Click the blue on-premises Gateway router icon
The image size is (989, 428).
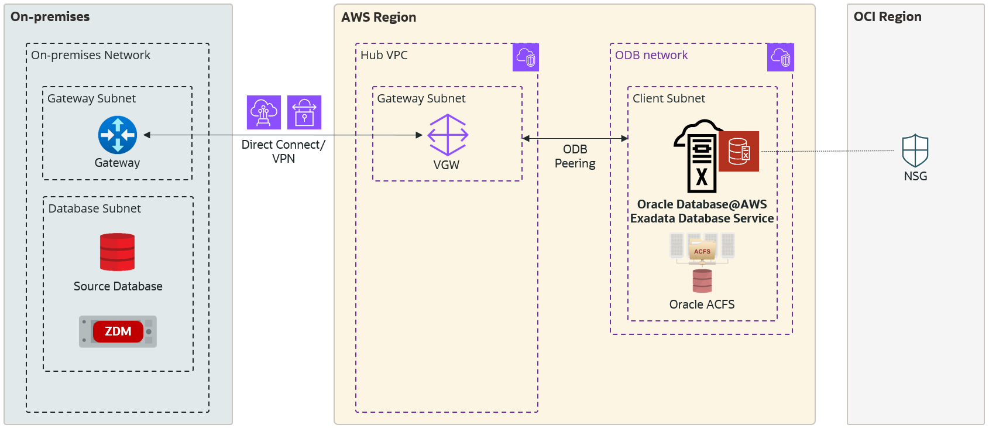pyautogui.click(x=118, y=135)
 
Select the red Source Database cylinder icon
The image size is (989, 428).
pyautogui.click(x=117, y=252)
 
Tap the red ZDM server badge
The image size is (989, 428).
pyautogui.click(x=118, y=331)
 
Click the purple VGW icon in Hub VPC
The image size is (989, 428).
pyautogui.click(x=448, y=135)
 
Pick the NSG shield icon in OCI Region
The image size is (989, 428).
pyautogui.click(x=915, y=151)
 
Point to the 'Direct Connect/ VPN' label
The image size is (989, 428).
pyautogui.click(x=283, y=152)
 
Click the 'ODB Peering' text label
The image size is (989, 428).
pyautogui.click(x=575, y=156)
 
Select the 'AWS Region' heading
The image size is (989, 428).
pyautogui.click(x=379, y=18)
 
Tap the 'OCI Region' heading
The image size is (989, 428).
pyautogui.click(x=887, y=17)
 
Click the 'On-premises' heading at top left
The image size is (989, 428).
pyautogui.click(x=50, y=17)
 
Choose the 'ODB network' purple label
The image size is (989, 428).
pyautogui.click(x=651, y=55)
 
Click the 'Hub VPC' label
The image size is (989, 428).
pyautogui.click(x=384, y=55)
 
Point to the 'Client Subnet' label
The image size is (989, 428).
pyautogui.click(x=668, y=98)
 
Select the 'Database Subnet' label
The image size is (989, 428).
pyautogui.click(x=94, y=208)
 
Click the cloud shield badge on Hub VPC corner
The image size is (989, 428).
pyautogui.click(x=526, y=57)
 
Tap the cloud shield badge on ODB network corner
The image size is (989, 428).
pyautogui.click(x=781, y=57)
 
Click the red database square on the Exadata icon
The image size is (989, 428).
pyautogui.click(x=739, y=151)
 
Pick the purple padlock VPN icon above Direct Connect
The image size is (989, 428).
pyautogui.click(x=304, y=112)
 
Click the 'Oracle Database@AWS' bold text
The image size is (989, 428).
pyautogui.click(x=702, y=204)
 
